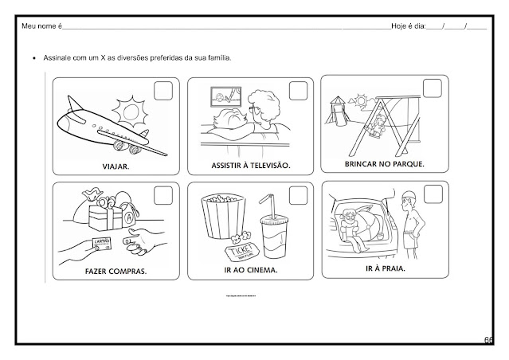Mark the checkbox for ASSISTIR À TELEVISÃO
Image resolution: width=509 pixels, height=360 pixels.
tap(299, 90)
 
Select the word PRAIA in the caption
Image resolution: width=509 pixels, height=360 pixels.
tap(390, 268)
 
